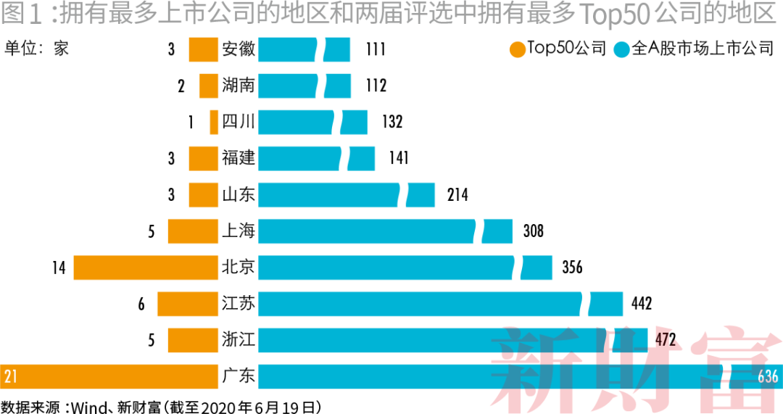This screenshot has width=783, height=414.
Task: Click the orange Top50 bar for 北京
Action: click(146, 268)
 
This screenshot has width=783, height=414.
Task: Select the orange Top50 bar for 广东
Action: click(109, 376)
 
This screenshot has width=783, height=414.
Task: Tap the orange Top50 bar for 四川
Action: click(214, 122)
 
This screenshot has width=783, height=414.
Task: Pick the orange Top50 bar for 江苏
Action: click(188, 304)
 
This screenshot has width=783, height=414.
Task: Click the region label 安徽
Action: click(239, 49)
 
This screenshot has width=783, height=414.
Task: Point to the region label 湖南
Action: click(239, 86)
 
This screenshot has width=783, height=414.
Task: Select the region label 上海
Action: click(239, 231)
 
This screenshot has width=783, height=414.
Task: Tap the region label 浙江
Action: click(239, 340)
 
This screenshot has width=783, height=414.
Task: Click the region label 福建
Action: click(239, 158)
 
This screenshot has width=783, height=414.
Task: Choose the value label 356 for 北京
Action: click(572, 268)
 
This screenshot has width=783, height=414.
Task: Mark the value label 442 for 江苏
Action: click(642, 304)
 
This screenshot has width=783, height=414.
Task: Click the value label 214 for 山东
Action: click(457, 195)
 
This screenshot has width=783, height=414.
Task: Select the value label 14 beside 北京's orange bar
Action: click(59, 268)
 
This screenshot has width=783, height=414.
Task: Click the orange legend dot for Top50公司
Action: click(517, 49)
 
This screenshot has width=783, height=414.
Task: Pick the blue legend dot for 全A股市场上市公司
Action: click(621, 49)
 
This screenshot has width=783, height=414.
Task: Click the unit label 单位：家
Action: click(37, 49)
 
